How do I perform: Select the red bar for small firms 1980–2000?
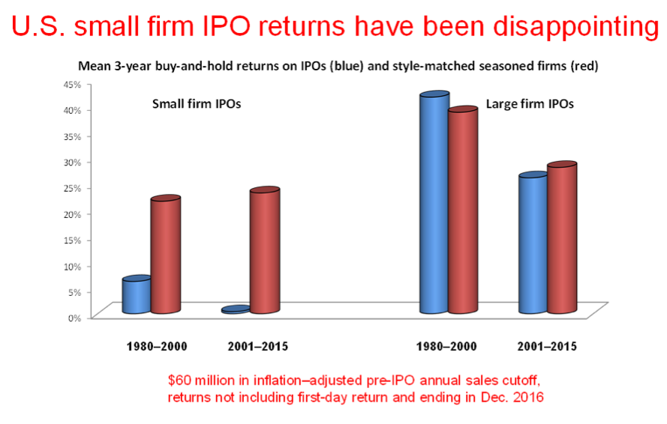[x=165, y=256]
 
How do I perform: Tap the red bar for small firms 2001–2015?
[x=264, y=252]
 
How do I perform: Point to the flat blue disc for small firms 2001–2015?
[x=236, y=309]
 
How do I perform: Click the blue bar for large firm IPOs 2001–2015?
[x=533, y=243]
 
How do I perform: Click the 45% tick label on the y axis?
[x=71, y=84]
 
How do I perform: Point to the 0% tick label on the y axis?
[x=74, y=318]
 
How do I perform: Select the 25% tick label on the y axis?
[x=71, y=188]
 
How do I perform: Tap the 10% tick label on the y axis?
[x=71, y=266]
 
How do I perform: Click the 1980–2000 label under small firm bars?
[x=156, y=347]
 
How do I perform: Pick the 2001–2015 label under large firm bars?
[x=547, y=347]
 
